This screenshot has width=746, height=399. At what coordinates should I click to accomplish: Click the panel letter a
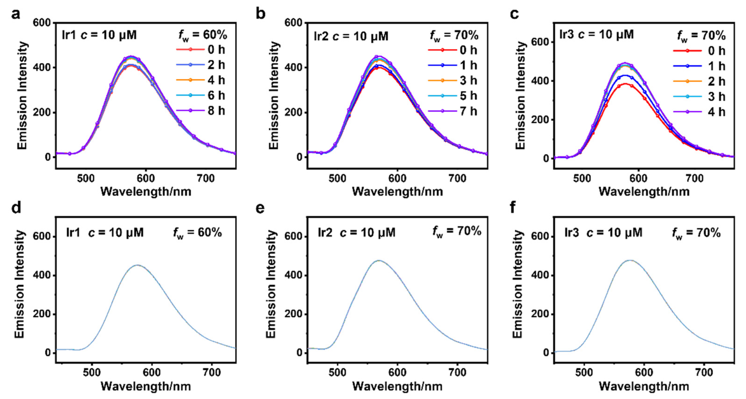pos(16,14)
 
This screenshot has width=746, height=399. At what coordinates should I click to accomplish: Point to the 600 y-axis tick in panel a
pos(42,23)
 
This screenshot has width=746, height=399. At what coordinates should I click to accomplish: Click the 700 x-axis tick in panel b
pos(457,178)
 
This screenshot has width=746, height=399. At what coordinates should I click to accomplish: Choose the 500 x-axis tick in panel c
pos(582,178)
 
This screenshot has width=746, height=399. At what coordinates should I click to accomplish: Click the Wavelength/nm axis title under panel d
pos(146,386)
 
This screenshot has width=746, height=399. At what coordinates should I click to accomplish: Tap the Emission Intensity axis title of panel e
pos(271,284)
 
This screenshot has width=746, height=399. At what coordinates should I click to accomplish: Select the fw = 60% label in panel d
pos(197,233)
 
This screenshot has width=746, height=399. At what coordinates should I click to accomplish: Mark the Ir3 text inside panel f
pos(572,233)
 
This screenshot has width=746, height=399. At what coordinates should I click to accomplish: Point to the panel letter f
pos(513,207)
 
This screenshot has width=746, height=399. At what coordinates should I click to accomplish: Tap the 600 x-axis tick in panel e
pos(397,372)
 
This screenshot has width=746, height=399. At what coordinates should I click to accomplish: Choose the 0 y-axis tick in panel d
pos(48,353)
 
